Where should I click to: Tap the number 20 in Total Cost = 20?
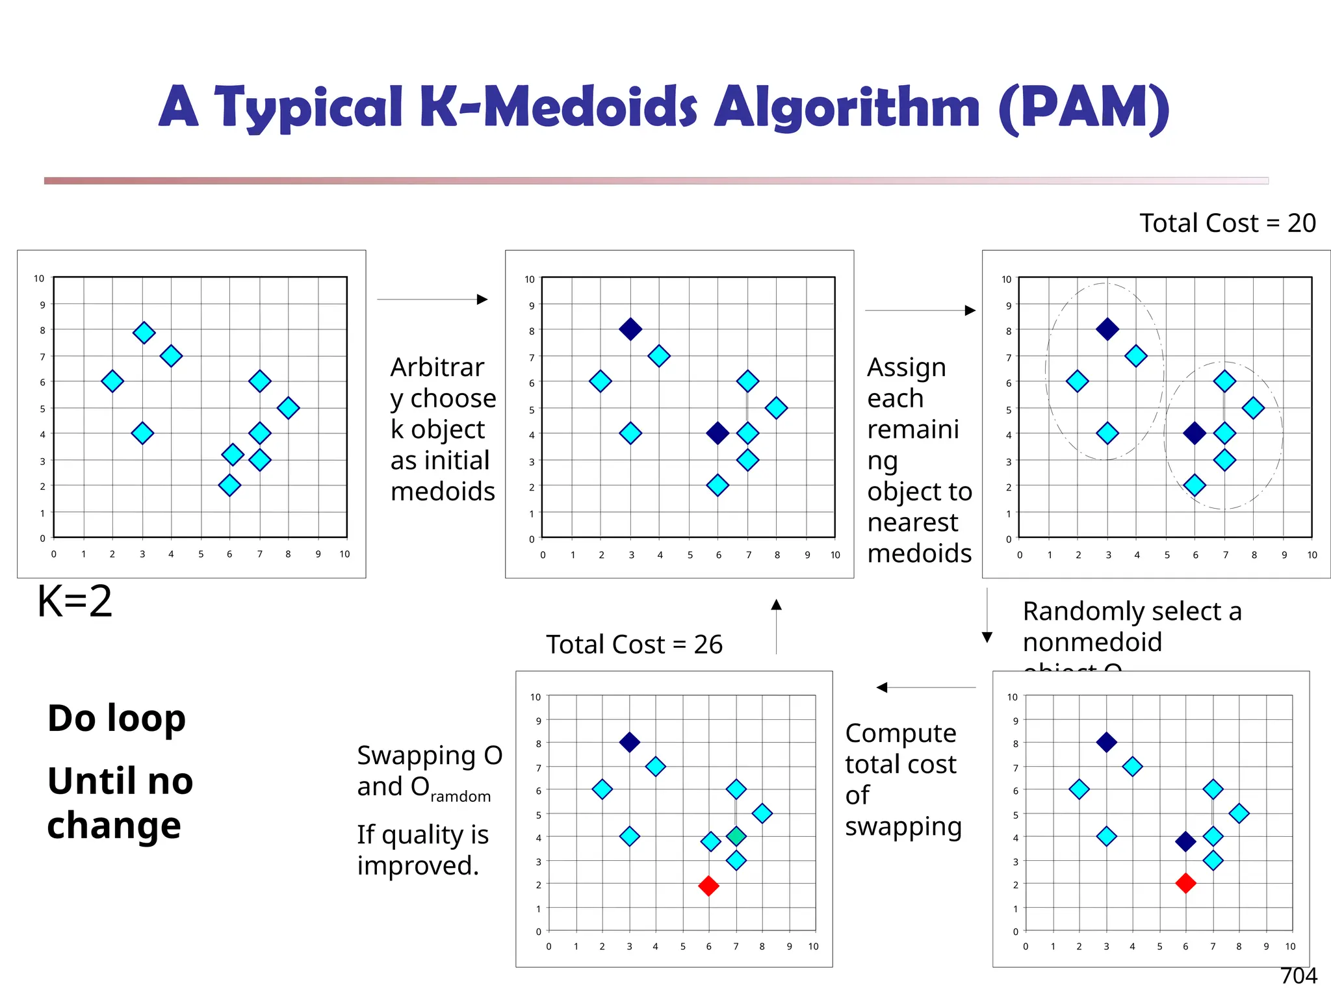pos(1301,224)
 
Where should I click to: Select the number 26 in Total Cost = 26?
pos(708,645)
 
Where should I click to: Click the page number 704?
pos(1298,976)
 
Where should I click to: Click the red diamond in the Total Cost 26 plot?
pos(708,886)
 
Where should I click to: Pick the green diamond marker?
pos(736,836)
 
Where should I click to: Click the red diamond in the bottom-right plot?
pos(1185,883)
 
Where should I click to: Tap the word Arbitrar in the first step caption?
pos(437,368)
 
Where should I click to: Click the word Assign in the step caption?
pos(906,368)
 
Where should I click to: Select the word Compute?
pos(900,734)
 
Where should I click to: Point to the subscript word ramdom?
pos(460,797)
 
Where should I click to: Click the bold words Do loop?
pos(117,719)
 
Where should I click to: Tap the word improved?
pos(417,866)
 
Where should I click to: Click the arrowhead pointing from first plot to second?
pos(482,300)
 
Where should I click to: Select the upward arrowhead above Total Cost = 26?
pos(776,605)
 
